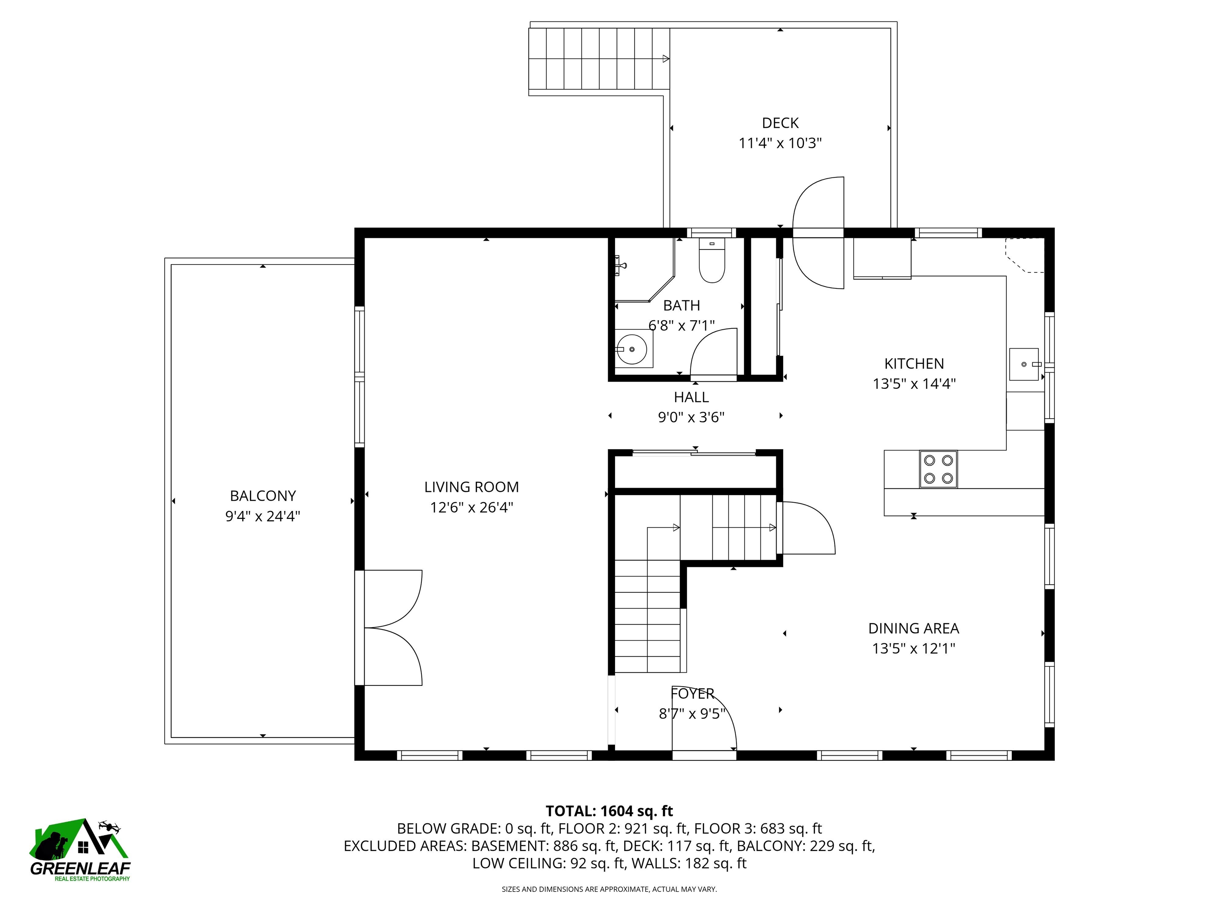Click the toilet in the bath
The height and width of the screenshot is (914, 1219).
[711, 260]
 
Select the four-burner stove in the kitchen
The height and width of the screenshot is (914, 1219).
[938, 469]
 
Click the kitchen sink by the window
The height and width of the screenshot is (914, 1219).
[1024, 364]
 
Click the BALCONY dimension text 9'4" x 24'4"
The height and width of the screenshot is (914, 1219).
[262, 516]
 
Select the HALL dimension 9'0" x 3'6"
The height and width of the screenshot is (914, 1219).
[691, 417]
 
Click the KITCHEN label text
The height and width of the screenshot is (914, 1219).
[914, 364]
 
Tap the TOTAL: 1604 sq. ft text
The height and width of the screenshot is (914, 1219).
[609, 811]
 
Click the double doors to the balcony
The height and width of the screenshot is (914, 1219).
[388, 628]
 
